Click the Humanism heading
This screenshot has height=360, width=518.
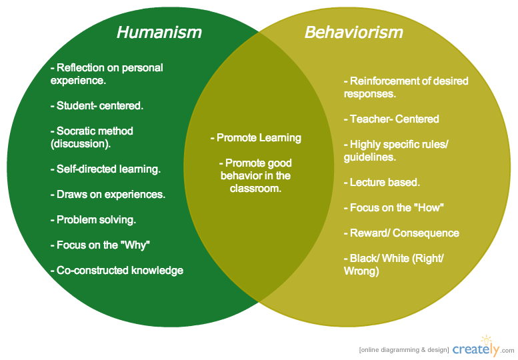tap(159, 32)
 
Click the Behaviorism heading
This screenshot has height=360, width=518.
tap(353, 32)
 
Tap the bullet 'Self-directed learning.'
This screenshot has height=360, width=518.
tap(105, 169)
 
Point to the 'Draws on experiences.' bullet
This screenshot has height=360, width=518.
tap(107, 195)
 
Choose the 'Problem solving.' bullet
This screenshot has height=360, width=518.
tap(93, 219)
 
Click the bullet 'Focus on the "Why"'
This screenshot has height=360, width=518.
tap(100, 245)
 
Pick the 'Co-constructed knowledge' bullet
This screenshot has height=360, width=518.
tap(117, 270)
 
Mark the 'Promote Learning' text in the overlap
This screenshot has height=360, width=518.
tap(256, 138)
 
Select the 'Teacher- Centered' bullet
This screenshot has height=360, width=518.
tap(391, 119)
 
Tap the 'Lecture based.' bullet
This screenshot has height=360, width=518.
tap(381, 182)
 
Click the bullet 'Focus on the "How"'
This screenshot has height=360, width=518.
tap(393, 207)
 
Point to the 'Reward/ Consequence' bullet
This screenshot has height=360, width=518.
tap(401, 233)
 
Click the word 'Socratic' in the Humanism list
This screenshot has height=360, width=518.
tap(77, 131)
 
